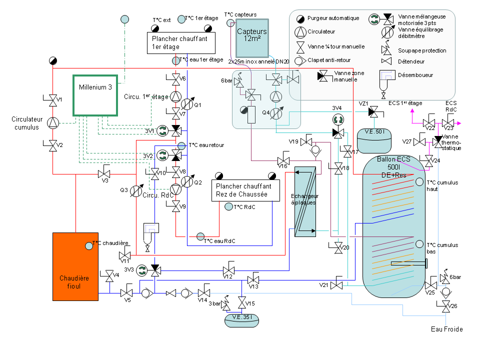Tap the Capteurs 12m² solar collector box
pos(252,38)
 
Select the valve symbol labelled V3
pos(104,174)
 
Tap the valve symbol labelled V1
pos(52,100)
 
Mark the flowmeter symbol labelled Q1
pos(185,103)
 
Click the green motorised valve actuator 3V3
pos(141,270)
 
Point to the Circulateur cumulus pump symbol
pos(52,122)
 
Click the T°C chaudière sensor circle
pos(89,245)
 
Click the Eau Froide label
pos(446,329)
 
